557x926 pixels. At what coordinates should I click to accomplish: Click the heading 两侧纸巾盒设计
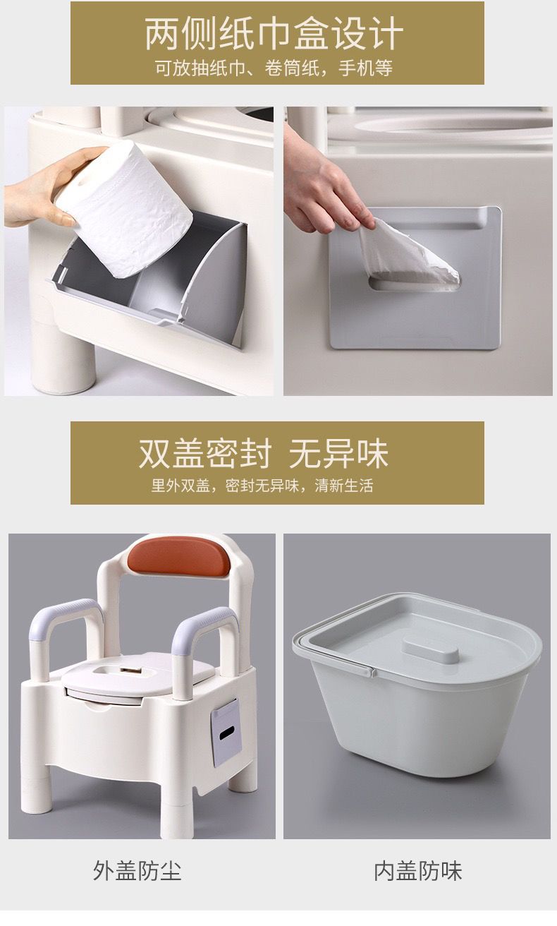[x=274, y=34]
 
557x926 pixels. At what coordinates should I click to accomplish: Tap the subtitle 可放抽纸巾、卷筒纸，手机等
[x=274, y=68]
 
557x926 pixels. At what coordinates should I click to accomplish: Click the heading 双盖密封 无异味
[x=264, y=454]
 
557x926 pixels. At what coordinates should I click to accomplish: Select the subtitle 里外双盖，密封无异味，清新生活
[x=262, y=486]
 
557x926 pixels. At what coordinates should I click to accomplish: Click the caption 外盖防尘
[x=137, y=871]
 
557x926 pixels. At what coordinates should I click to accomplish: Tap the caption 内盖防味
[x=417, y=871]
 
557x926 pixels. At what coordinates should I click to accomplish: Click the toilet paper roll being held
[x=124, y=209]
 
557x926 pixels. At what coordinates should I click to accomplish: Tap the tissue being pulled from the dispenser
[x=407, y=253]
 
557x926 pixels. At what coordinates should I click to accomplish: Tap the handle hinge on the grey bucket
[x=372, y=673]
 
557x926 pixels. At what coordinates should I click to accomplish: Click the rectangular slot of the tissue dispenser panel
[x=414, y=285]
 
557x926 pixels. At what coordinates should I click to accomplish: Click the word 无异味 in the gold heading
[x=338, y=454]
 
